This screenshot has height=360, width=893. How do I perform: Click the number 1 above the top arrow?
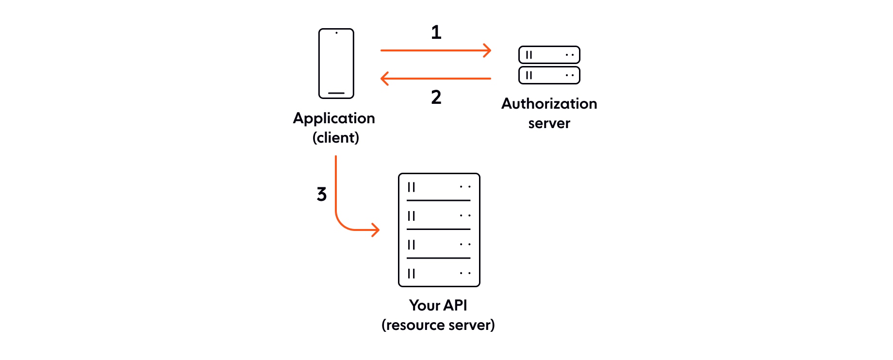436,32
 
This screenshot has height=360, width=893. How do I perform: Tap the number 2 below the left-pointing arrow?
436,97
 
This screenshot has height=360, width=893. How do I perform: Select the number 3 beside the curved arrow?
322,194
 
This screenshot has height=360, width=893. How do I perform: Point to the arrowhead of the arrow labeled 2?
384,78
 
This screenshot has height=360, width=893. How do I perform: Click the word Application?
334,118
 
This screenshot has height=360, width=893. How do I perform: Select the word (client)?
336,138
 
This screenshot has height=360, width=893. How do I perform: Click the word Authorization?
549,103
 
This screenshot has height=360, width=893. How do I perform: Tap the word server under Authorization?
549,123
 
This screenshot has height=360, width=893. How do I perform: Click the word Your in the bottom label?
425,305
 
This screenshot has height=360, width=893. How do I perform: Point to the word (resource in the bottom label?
409,325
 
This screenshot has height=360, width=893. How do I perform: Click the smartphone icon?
336,64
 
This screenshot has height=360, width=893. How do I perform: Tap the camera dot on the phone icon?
336,33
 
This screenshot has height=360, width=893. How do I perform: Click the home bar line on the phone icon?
336,93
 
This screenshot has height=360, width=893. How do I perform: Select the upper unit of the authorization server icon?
549,55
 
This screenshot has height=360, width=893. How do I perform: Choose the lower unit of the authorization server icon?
549,75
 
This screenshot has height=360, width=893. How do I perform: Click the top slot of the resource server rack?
439,187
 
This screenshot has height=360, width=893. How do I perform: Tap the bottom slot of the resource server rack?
439,273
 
